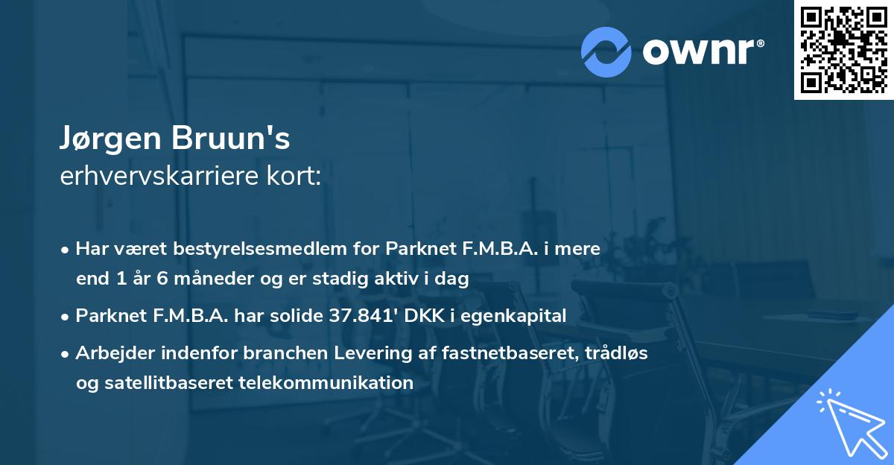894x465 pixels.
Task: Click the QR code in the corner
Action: pyautogui.click(x=844, y=49)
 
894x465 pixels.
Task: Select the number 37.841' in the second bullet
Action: pyautogui.click(x=361, y=316)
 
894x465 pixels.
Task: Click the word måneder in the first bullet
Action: pyautogui.click(x=195, y=279)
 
